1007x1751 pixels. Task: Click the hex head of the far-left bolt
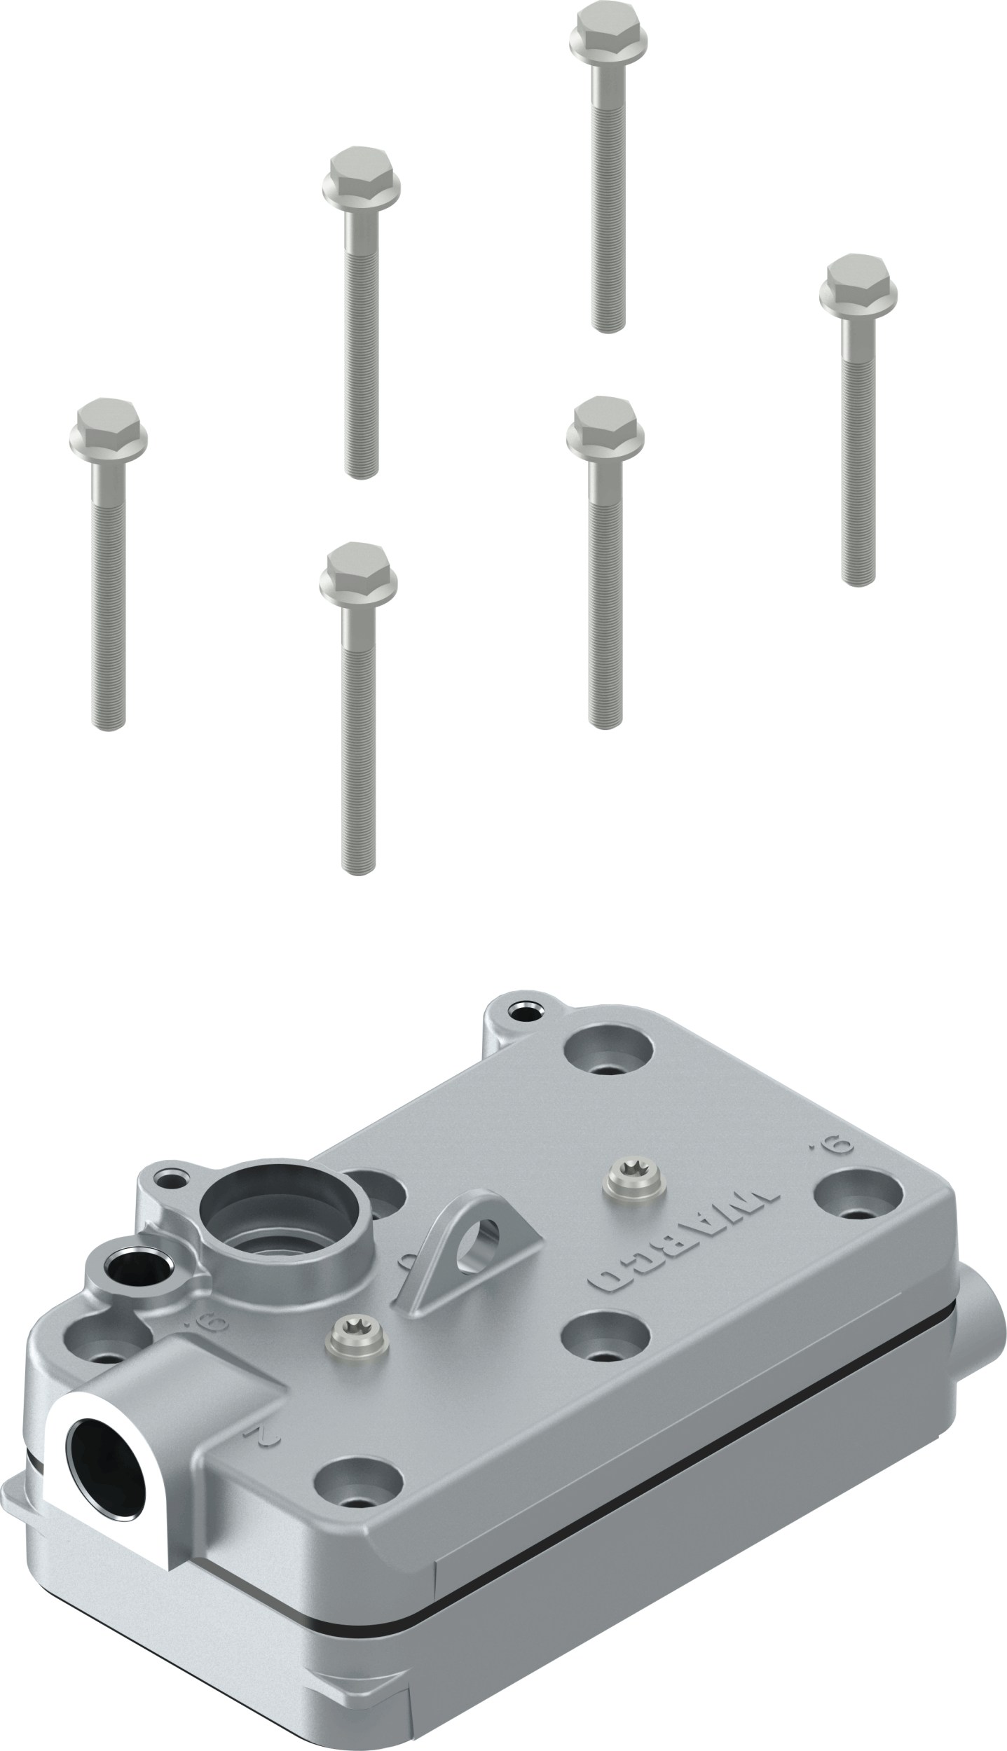109,429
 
